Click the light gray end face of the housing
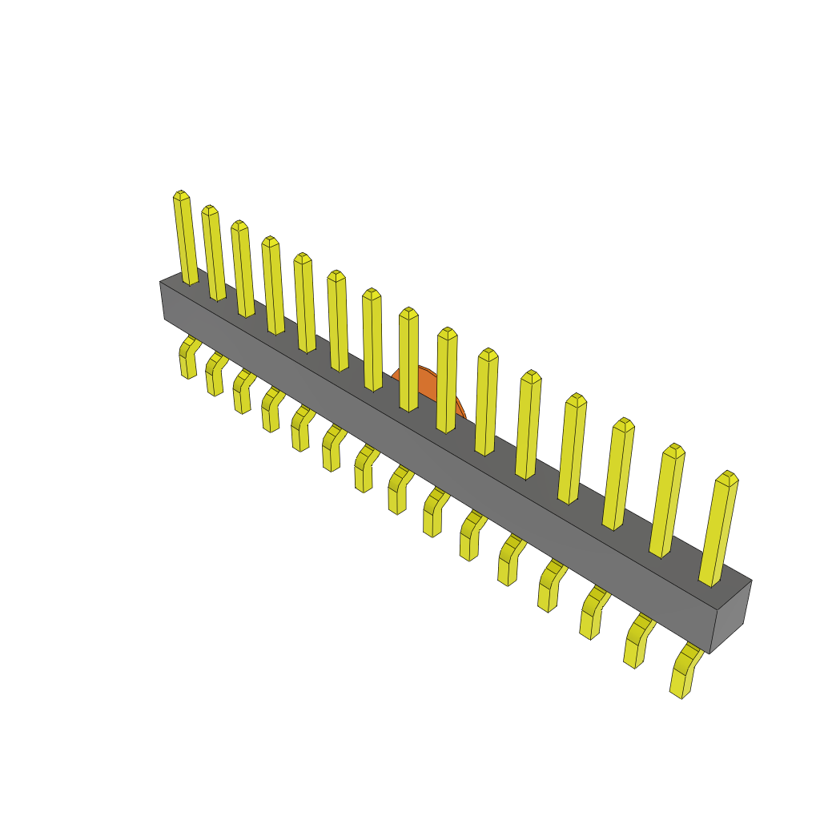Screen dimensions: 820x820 [730, 617]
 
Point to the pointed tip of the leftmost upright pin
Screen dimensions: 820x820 [180, 195]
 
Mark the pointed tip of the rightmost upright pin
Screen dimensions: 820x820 [728, 476]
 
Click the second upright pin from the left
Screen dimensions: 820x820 [214, 254]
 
